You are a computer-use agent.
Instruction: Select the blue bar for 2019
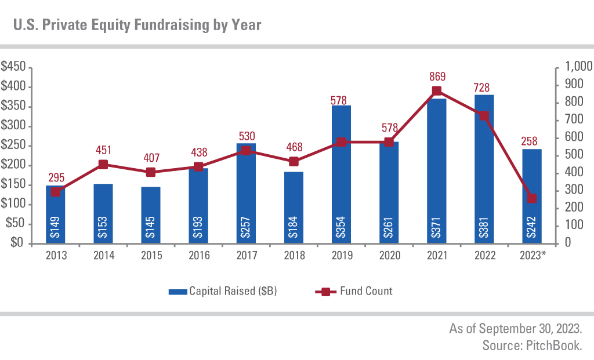[x=342, y=174]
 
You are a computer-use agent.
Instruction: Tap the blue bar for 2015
[x=151, y=214]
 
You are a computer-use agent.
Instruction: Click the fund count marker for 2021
[x=437, y=91]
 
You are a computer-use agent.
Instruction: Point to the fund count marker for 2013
[x=55, y=192]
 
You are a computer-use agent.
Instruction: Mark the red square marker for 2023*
[x=532, y=198]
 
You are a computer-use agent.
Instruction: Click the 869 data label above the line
[x=437, y=77]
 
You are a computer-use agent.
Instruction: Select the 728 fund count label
[x=484, y=88]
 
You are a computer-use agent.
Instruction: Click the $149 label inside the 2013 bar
[x=56, y=226]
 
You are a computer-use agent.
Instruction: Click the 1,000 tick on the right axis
[x=574, y=67]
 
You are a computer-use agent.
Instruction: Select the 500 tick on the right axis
[x=570, y=155]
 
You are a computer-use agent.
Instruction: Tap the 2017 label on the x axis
[x=246, y=256]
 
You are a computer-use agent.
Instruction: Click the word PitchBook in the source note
[x=554, y=346]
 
